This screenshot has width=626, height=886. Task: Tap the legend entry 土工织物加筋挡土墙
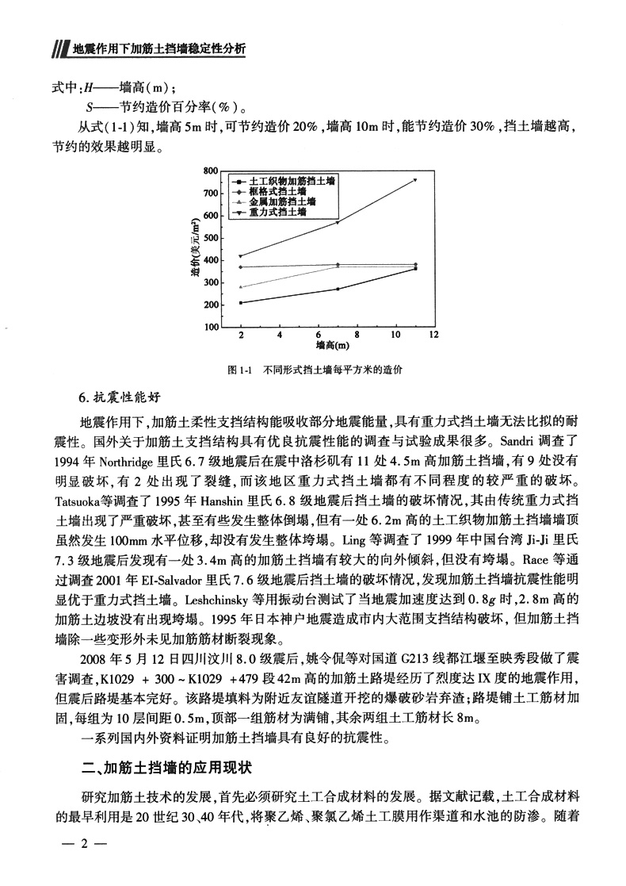coord(287,181)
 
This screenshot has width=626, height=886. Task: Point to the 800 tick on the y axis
coord(210,171)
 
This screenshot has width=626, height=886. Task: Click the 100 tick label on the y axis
coord(210,327)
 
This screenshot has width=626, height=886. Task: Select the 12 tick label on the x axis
coord(433,336)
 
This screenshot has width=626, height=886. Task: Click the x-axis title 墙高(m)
coord(333,346)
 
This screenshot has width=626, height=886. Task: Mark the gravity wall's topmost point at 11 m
coord(414,180)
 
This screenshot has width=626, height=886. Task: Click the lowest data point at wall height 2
coord(241,303)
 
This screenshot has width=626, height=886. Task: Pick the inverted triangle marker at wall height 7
coord(338,223)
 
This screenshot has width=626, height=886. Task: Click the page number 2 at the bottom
coord(83,862)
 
